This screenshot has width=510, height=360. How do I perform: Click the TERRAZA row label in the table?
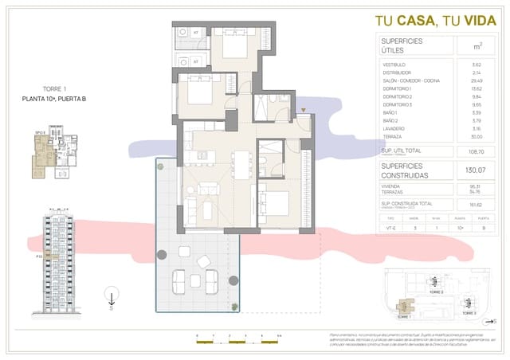pyautogui.click(x=392, y=137)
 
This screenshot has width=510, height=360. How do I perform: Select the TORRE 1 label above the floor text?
pyautogui.click(x=53, y=89)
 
